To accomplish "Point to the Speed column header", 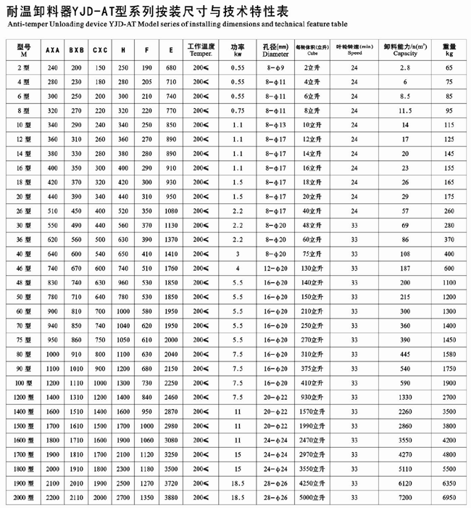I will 354,53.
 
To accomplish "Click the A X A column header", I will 52,50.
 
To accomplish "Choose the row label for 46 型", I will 24,267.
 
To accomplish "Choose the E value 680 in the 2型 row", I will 170,67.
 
